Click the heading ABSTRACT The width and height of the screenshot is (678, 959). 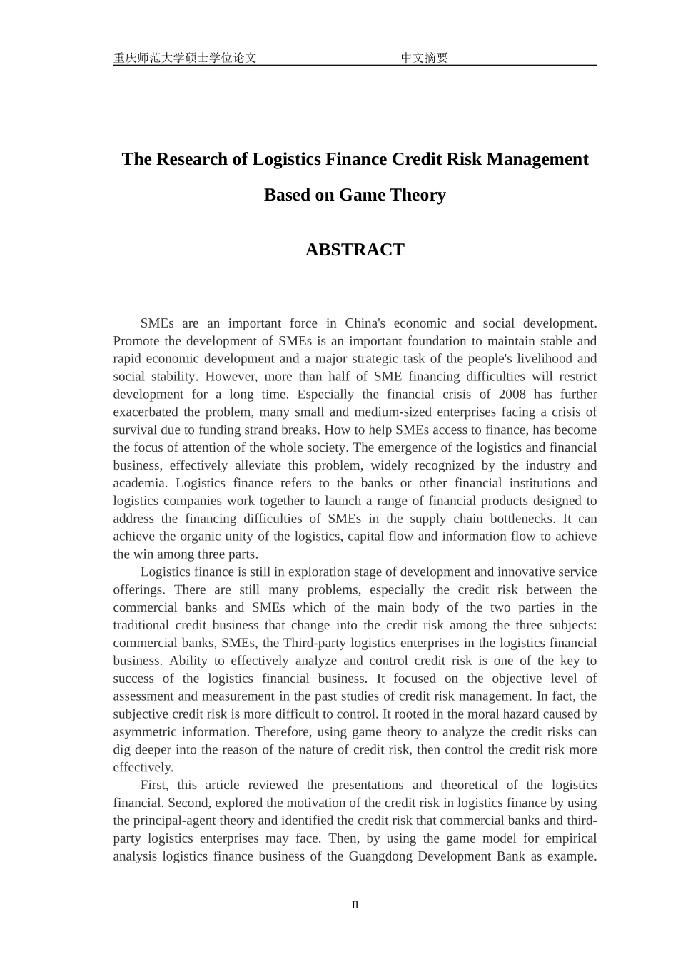click(x=355, y=250)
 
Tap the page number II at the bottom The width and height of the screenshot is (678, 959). click(x=355, y=905)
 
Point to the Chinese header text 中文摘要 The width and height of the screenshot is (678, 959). click(x=424, y=58)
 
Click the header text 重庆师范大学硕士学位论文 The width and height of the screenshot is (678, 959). click(x=185, y=58)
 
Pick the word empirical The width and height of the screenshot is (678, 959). click(x=572, y=838)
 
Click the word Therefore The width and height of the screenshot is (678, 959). click(x=283, y=732)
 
